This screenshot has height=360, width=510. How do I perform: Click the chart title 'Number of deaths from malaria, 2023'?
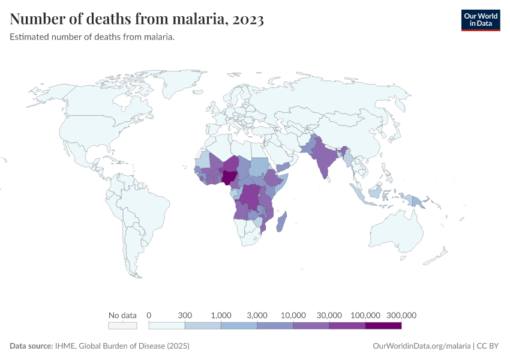(137, 19)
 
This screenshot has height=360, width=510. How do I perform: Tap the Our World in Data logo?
(480, 20)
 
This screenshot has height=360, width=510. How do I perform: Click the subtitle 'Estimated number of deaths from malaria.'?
(92, 37)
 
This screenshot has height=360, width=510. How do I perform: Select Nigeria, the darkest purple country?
(229, 177)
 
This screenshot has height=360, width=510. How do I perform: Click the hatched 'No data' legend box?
(122, 326)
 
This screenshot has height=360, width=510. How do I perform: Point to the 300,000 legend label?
(401, 315)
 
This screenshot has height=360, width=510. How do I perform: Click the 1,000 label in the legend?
(221, 315)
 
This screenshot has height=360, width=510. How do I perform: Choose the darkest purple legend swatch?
(383, 326)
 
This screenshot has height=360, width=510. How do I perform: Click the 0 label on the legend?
(149, 315)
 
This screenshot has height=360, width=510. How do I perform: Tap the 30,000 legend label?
(329, 315)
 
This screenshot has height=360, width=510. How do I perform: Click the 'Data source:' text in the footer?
(31, 346)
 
